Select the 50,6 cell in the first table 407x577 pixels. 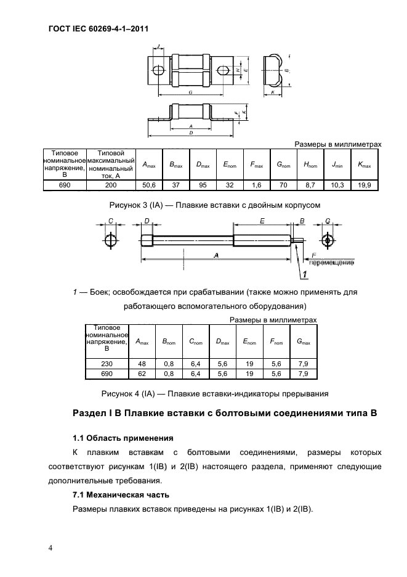[x=149, y=184]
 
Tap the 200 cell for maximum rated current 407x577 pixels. [x=111, y=184]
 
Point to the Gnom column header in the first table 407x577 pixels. [x=284, y=165]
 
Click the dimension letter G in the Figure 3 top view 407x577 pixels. [x=190, y=91]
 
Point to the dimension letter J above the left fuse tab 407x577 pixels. [x=158, y=47]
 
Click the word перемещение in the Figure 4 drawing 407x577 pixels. [x=331, y=263]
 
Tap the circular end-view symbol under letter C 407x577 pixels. [x=110, y=240]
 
